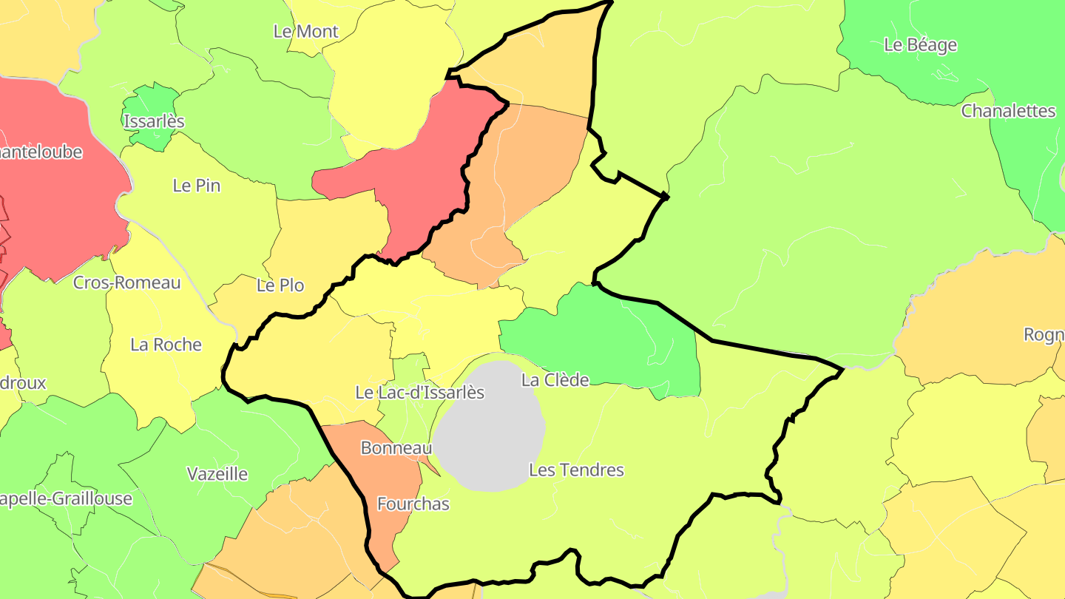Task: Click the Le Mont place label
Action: [x=305, y=31]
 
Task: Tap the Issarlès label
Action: [x=154, y=121]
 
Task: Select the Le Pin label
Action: [x=197, y=186]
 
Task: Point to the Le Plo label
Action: [x=280, y=285]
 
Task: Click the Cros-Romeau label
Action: [x=126, y=282]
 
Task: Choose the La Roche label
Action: [x=166, y=345]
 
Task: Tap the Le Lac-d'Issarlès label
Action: [x=419, y=393]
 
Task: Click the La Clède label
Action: [x=555, y=380]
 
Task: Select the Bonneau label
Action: [x=396, y=448]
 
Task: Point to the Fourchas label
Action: [x=413, y=504]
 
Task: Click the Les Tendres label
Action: [x=576, y=470]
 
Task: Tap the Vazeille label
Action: [x=217, y=474]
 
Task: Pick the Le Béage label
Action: [x=920, y=45]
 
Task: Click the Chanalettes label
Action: [x=1008, y=111]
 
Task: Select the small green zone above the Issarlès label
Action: [x=152, y=101]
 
